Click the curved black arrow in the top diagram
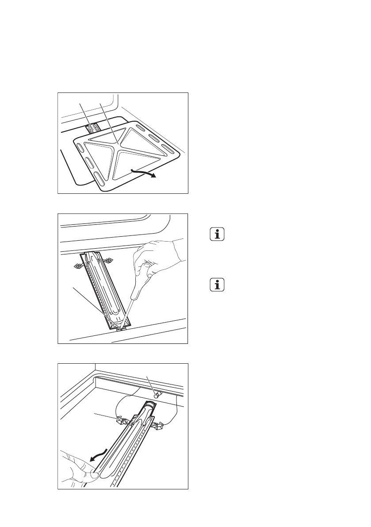[143, 173]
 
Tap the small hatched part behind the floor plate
[93, 128]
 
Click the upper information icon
[217, 235]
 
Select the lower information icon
[217, 285]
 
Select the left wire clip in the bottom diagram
[119, 419]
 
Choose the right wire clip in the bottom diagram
[158, 426]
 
